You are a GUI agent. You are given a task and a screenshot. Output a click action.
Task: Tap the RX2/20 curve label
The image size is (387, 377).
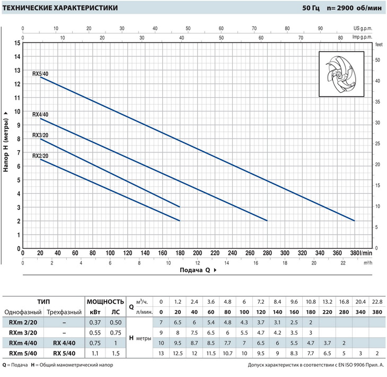pos(40,156)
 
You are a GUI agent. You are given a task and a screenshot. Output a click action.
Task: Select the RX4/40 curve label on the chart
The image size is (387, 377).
pos(40,115)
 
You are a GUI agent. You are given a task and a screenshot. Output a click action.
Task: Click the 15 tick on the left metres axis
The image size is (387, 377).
pos(17,43)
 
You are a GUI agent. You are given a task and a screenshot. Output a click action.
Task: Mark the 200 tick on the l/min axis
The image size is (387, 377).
pos(197,253)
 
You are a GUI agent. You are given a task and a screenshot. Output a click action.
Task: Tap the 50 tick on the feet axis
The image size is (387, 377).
pos(377,60)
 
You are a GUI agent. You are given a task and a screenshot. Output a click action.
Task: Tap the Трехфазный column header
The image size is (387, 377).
pos(64,312)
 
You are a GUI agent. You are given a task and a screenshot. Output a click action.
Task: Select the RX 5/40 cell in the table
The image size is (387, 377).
pos(64,352)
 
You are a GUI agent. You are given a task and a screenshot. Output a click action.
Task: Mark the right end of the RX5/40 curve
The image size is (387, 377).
pos(354,220)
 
